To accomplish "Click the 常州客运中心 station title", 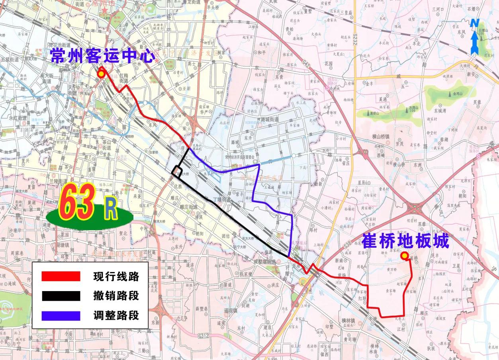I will pyautogui.click(x=102, y=56).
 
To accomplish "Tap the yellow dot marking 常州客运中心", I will pyautogui.click(x=102, y=74).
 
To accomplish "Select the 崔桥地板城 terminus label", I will pyautogui.click(x=405, y=241).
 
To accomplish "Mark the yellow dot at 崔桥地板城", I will pyautogui.click(x=404, y=255).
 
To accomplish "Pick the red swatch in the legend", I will pyautogui.click(x=61, y=276).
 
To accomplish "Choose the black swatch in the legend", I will pyautogui.click(x=61, y=295).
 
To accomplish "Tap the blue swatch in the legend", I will pyautogui.click(x=61, y=315).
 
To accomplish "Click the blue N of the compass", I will pyautogui.click(x=474, y=23).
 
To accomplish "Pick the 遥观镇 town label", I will pyautogui.click(x=231, y=310).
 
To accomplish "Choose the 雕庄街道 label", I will pyautogui.click(x=188, y=207).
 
